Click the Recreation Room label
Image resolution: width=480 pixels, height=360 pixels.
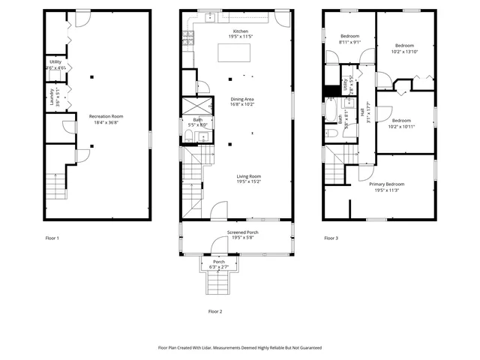click(x=106, y=116)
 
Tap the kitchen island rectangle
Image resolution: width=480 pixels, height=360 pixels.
click(x=235, y=52)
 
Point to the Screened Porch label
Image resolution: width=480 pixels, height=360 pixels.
click(x=243, y=232)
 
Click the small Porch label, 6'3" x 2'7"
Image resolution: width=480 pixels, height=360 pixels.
click(x=219, y=262)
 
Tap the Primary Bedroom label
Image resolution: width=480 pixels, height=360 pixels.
click(x=386, y=184)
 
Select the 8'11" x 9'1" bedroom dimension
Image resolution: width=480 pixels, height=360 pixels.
click(x=350, y=43)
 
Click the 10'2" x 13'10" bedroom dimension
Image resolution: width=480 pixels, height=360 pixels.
click(x=404, y=52)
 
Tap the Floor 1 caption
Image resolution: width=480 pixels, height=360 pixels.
click(x=52, y=238)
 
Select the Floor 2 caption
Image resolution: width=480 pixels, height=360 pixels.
click(x=214, y=310)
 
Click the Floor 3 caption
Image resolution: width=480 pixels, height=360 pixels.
click(x=331, y=238)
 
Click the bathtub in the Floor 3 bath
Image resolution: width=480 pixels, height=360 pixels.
click(x=331, y=112)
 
